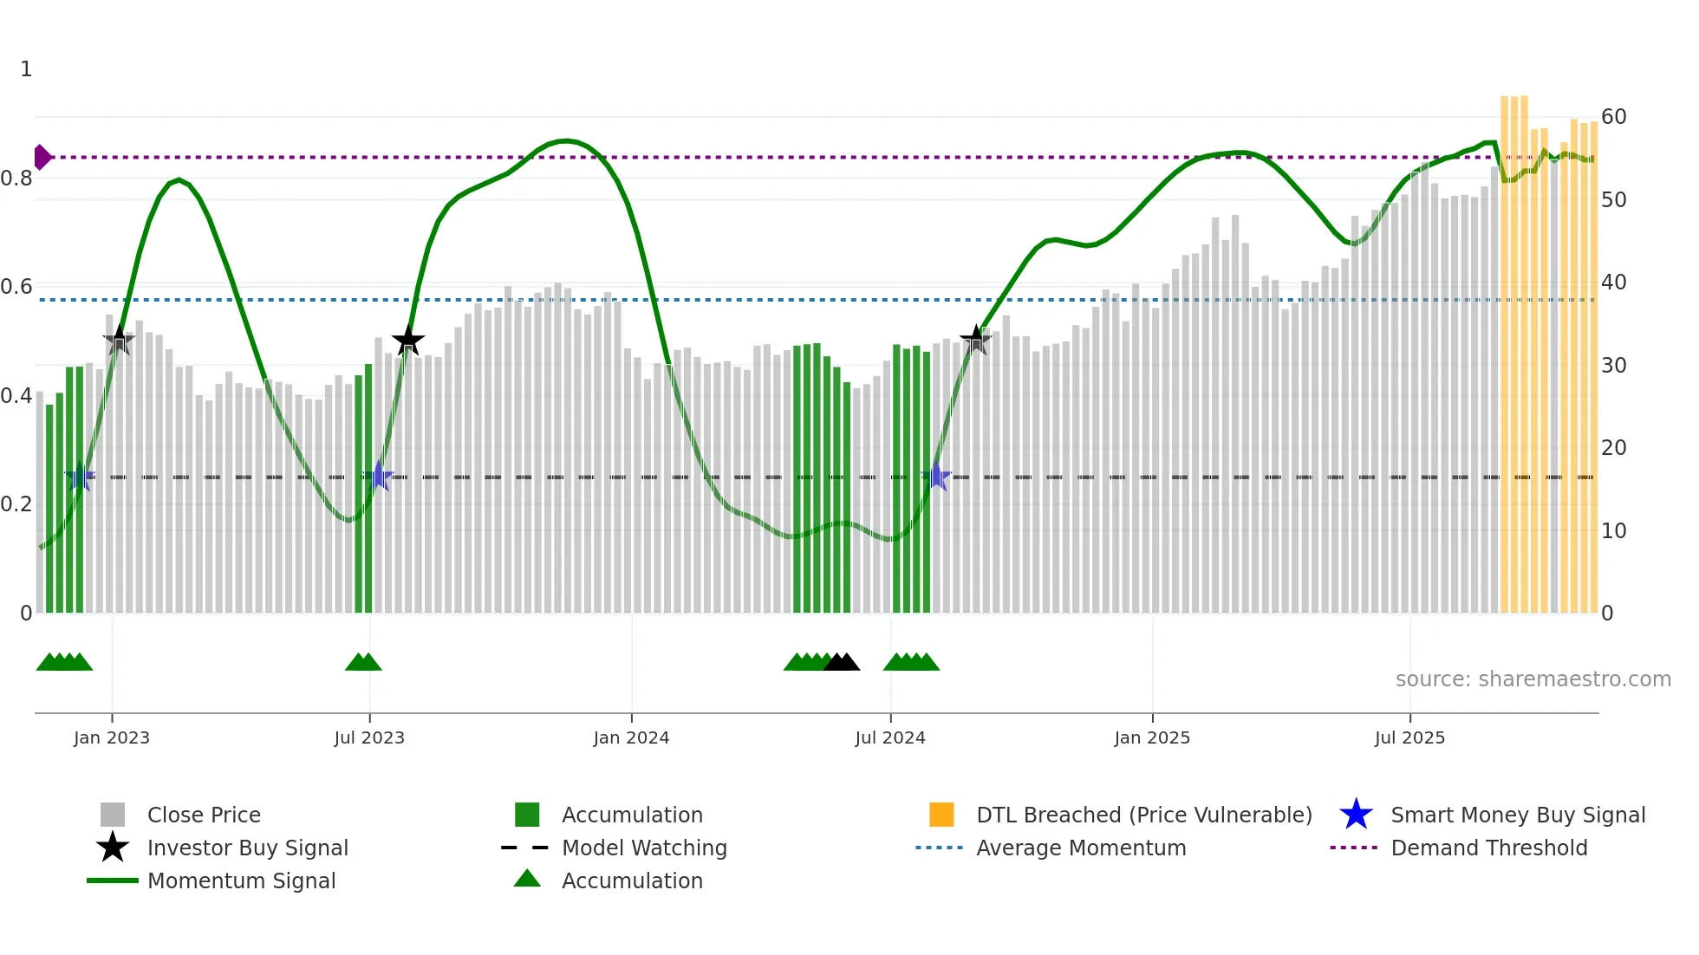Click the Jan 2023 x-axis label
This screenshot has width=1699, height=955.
coord(112,737)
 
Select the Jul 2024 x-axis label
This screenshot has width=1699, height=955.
coord(890,737)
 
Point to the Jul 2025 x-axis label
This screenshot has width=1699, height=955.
coord(1409,737)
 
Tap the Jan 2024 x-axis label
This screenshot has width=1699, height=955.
coord(631,737)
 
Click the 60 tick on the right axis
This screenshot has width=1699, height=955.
coord(1613,117)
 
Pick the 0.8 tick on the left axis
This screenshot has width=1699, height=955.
coord(16,179)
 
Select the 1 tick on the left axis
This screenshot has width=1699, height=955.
coord(26,69)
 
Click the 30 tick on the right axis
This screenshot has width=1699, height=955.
coord(1613,366)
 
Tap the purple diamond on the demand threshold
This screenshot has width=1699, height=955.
coord(42,157)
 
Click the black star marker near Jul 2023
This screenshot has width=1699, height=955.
coord(407,341)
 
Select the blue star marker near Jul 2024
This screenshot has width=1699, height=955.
coord(935,477)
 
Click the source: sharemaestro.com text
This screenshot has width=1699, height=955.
coord(1533,679)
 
